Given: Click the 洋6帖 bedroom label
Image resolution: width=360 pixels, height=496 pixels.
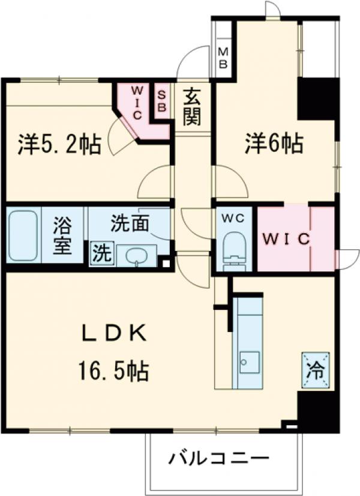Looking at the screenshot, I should click(x=273, y=143).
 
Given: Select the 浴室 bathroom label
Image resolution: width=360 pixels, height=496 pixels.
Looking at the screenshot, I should click(x=62, y=235).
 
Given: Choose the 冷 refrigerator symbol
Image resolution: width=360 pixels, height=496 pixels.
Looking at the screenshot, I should click(x=316, y=367).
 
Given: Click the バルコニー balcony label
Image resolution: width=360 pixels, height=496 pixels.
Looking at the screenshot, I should click(x=218, y=459).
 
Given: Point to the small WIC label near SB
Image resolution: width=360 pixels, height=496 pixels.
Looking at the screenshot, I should click(x=136, y=101).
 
